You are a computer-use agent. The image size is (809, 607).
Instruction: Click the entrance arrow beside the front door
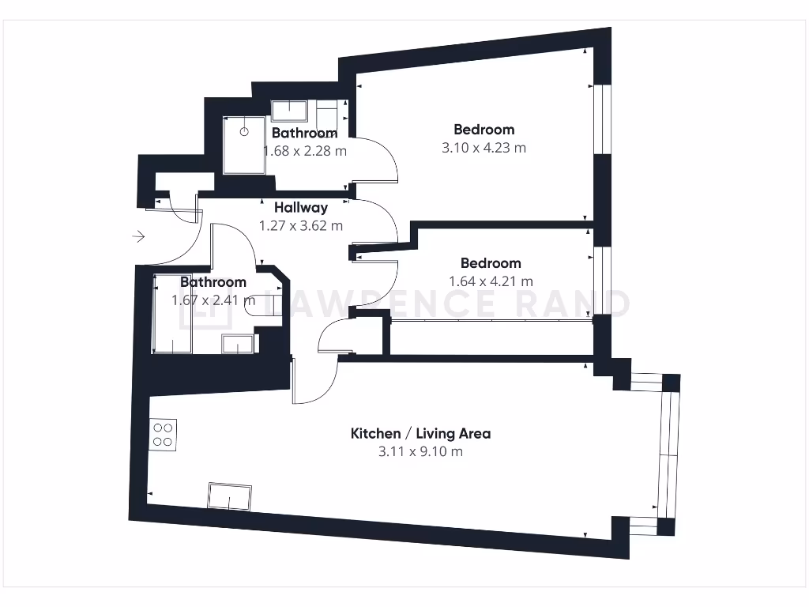(x=139, y=236)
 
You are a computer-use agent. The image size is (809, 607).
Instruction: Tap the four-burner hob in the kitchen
(x=164, y=434)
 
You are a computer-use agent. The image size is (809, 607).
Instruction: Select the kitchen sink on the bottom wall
(x=229, y=496)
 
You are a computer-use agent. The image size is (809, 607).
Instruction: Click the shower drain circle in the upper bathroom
(x=244, y=132)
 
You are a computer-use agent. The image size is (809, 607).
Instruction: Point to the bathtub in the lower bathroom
(x=171, y=314)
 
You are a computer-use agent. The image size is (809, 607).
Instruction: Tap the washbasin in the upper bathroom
(x=291, y=110)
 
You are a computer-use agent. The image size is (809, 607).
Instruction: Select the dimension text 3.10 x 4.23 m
(x=484, y=147)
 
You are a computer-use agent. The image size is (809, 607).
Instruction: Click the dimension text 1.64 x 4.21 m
(x=491, y=281)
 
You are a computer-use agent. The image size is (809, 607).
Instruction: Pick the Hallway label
(x=301, y=208)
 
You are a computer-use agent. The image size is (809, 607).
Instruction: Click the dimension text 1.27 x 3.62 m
(x=301, y=225)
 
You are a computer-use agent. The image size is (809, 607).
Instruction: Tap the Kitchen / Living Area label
(x=420, y=433)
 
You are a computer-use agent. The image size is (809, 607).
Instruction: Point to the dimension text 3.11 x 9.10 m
(x=420, y=451)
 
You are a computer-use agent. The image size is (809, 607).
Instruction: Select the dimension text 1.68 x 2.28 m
(x=304, y=150)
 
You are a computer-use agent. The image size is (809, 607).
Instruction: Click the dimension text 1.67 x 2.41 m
(x=213, y=300)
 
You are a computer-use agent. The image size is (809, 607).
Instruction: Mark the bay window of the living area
(x=669, y=454)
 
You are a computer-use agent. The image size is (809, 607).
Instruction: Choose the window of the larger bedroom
(x=603, y=119)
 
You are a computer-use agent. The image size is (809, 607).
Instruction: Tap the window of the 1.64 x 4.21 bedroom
(x=602, y=281)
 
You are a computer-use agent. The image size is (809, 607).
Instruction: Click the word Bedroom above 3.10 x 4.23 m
(x=484, y=129)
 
